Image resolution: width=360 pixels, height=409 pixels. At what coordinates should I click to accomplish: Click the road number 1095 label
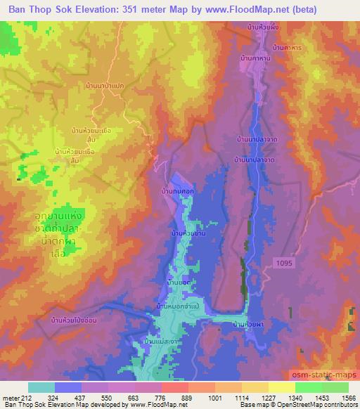[x=281, y=261]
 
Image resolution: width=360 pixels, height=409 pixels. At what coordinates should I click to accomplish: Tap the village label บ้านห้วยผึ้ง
[x=264, y=27]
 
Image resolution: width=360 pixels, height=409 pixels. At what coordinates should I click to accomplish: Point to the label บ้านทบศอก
[x=177, y=190]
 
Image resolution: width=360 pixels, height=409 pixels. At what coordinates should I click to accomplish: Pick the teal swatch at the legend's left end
[x=41, y=387]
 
